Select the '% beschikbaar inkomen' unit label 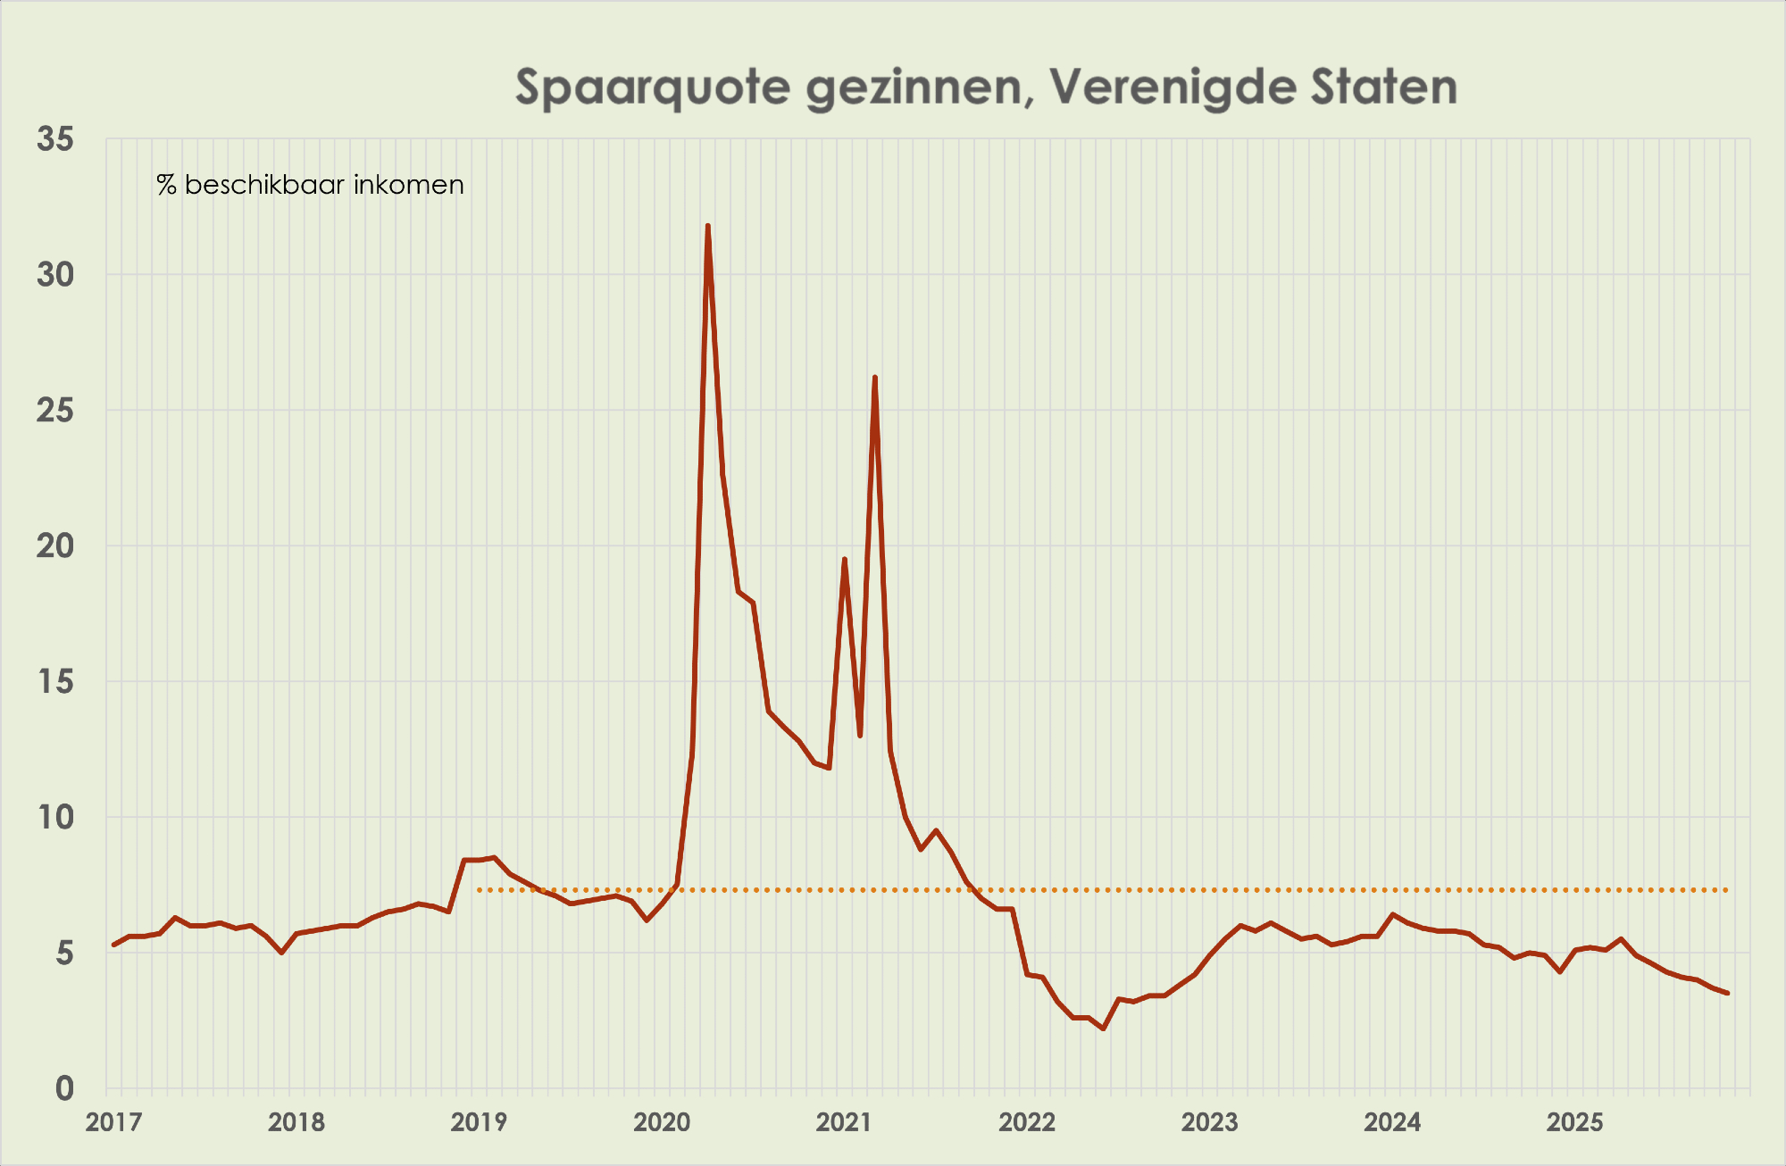pyautogui.click(x=310, y=185)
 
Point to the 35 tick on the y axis pyautogui.click(x=55, y=139)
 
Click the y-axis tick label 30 pyautogui.click(x=55, y=275)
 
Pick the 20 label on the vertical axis pyautogui.click(x=55, y=546)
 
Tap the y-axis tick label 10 pyautogui.click(x=55, y=817)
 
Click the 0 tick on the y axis pyautogui.click(x=64, y=1088)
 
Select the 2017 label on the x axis pyautogui.click(x=113, y=1122)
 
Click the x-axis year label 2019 pyautogui.click(x=479, y=1122)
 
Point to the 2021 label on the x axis pyautogui.click(x=844, y=1122)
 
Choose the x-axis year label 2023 pyautogui.click(x=1209, y=1122)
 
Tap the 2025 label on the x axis pyautogui.click(x=1574, y=1122)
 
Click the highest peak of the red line pyautogui.click(x=707, y=226)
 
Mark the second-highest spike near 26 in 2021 pyautogui.click(x=874, y=378)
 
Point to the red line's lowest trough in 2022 pyautogui.click(x=1104, y=1029)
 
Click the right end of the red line pyautogui.click(x=1727, y=993)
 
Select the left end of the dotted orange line pyautogui.click(x=480, y=890)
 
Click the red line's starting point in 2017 pyautogui.click(x=113, y=945)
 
